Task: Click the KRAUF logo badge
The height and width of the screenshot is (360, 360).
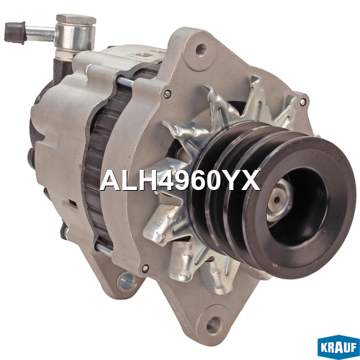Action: (338, 347)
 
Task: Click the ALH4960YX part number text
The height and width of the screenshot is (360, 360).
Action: (180, 181)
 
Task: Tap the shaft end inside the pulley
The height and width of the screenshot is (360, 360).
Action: (277, 199)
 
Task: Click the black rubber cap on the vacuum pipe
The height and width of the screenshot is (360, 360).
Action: (15, 32)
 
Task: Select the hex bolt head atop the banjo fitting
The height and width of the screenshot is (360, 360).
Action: (76, 19)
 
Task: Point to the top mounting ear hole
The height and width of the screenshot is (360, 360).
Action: (201, 50)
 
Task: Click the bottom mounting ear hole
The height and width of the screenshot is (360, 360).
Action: (213, 325)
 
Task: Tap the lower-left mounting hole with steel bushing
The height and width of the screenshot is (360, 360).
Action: (126, 281)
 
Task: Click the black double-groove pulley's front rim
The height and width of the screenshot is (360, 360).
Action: (300, 207)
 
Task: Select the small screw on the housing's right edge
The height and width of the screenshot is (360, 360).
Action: (302, 102)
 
